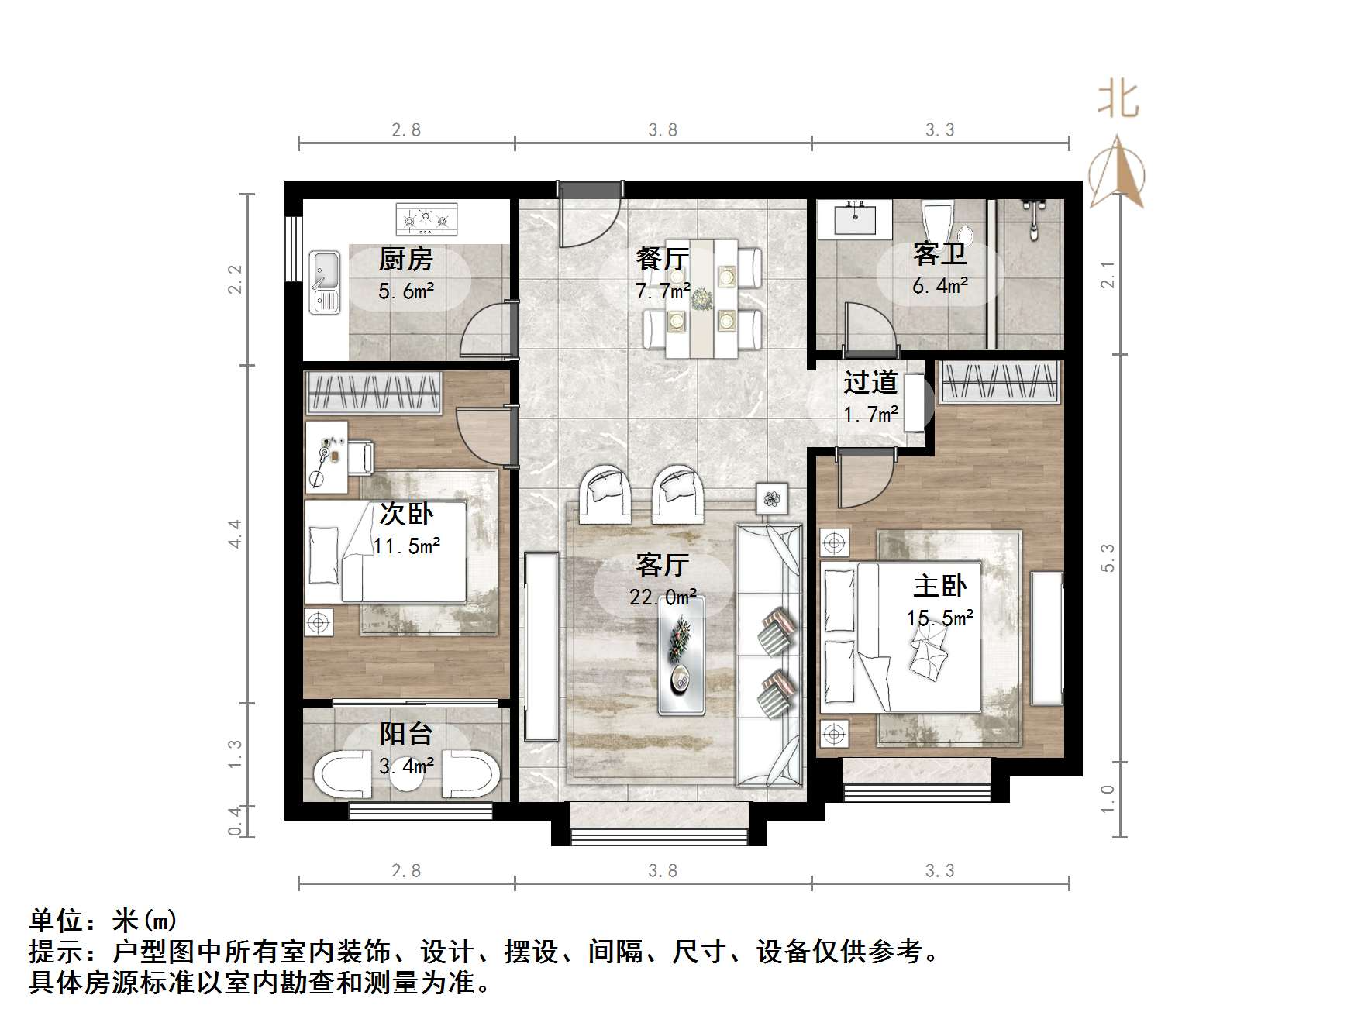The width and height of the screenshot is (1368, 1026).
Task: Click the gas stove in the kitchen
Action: pos(426,219)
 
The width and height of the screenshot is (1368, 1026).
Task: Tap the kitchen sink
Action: pos(325,282)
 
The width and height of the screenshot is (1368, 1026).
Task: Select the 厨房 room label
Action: pos(405,260)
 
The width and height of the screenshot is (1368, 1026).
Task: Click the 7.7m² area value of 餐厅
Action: pos(663,291)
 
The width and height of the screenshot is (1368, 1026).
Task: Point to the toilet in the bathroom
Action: pos(938,222)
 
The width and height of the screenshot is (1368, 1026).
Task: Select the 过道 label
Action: pos(870,382)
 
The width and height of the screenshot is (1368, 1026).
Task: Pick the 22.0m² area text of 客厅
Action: pos(663,597)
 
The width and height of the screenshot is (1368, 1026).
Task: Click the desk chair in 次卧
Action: pos(360,456)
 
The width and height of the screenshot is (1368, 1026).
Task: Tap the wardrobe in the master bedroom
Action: pos(999,381)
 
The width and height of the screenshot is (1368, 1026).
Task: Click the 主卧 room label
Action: pos(939,586)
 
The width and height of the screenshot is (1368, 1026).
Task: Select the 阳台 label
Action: pos(405,734)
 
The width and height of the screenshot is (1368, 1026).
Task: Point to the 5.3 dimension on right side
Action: pos(1108,558)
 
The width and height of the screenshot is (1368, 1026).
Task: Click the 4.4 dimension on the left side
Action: pos(235,534)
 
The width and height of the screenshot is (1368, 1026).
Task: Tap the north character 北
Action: pos(1118,101)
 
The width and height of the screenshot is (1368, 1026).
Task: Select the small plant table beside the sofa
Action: pos(771,498)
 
